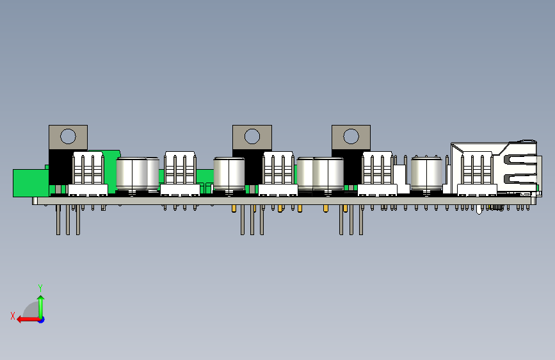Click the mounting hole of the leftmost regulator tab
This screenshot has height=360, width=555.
coord(68,136)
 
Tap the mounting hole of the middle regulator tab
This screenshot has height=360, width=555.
coord(252,136)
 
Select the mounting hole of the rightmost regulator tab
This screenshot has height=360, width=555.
coord(351,136)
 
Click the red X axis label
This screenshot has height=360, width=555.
coord(13,316)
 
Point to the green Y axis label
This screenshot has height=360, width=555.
coord(40,288)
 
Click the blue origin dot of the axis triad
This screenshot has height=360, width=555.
coord(42,320)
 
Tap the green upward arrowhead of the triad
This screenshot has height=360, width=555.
coord(41,299)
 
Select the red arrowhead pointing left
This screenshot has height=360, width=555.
coord(20,320)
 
